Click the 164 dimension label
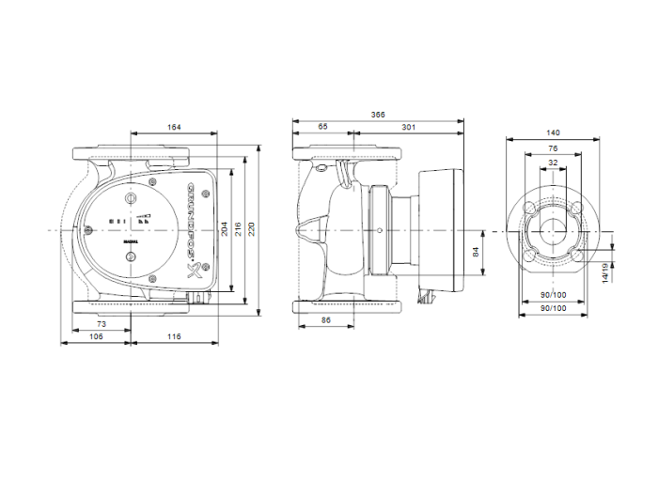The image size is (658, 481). pyautogui.click(x=174, y=128)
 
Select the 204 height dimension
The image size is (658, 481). pyautogui.click(x=223, y=228)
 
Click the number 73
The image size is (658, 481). pyautogui.click(x=102, y=323)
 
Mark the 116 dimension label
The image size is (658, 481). pyautogui.click(x=174, y=335)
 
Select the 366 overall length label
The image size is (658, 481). pyautogui.click(x=378, y=115)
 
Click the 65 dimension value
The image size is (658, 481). pyautogui.click(x=323, y=126)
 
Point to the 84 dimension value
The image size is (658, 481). pyautogui.click(x=476, y=252)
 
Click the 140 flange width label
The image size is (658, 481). pyautogui.click(x=553, y=133)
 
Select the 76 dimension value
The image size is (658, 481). pyautogui.click(x=553, y=147)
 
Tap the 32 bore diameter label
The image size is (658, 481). pyautogui.click(x=553, y=163)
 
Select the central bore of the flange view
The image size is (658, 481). pyautogui.click(x=553, y=231)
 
